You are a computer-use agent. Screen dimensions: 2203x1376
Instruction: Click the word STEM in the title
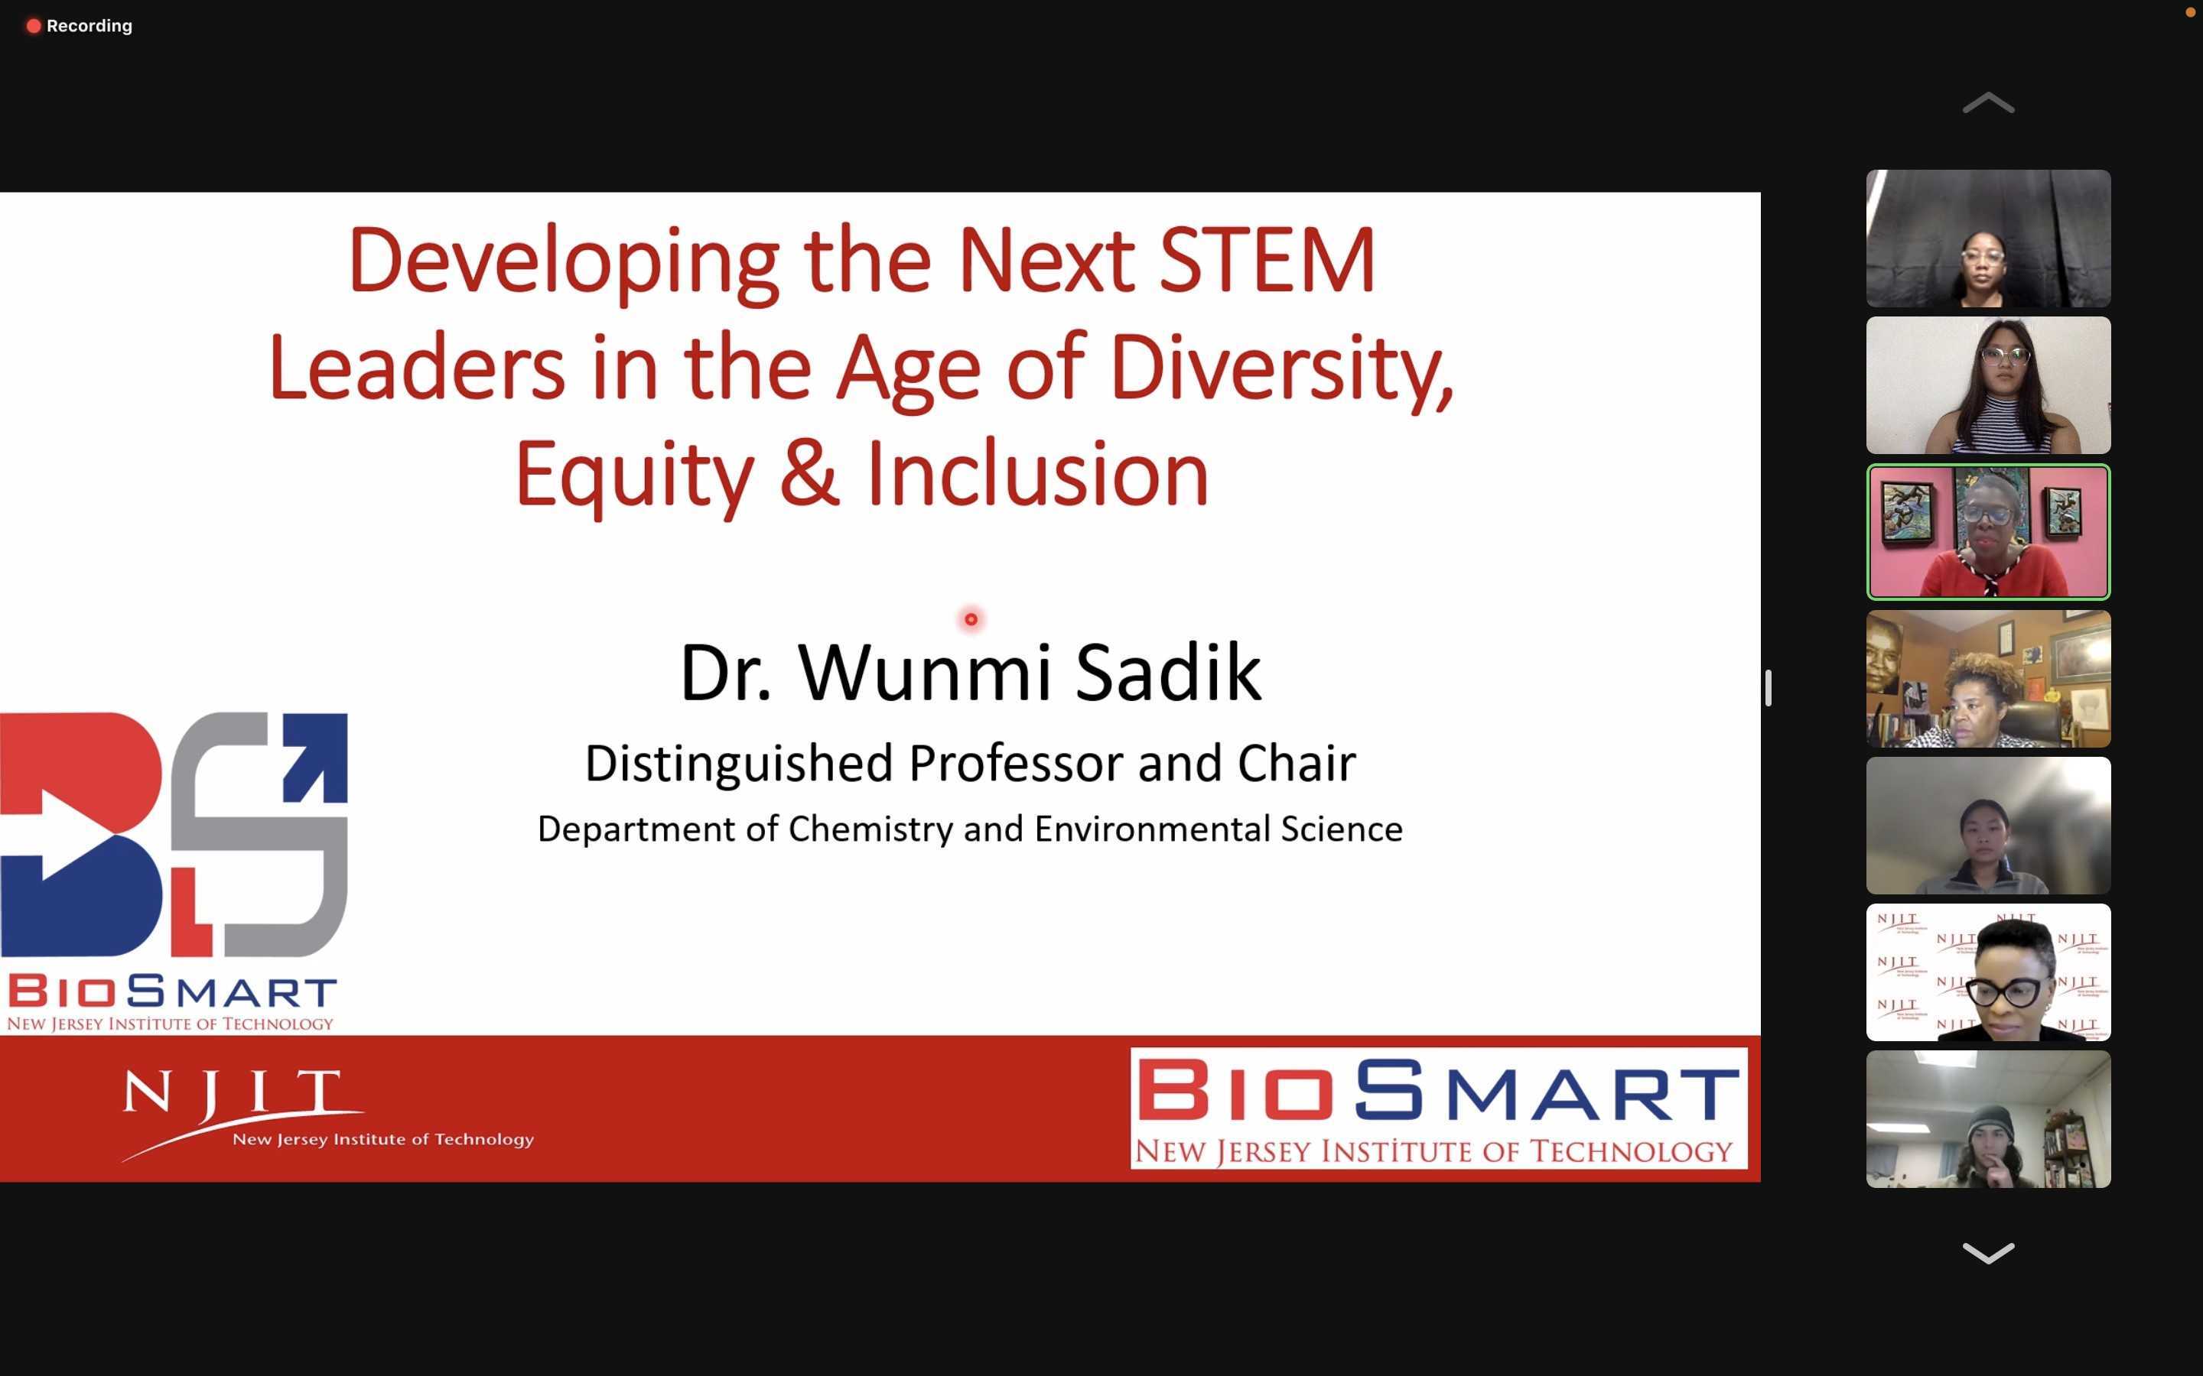(x=1267, y=261)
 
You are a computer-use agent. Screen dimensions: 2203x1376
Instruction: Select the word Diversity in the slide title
(x=1280, y=368)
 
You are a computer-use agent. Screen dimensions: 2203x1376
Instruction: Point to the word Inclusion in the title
(x=1038, y=473)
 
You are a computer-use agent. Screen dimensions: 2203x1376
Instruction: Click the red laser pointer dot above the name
(x=971, y=620)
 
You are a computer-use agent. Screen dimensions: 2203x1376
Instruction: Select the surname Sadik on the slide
(x=1169, y=673)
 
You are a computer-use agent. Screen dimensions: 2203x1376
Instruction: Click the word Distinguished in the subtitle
(x=738, y=764)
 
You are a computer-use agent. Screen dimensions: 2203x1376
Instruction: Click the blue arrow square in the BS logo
(x=315, y=757)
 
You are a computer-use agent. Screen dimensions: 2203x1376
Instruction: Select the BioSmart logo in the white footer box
(x=1438, y=1108)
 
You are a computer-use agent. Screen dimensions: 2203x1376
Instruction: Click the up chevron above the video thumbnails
(x=1988, y=103)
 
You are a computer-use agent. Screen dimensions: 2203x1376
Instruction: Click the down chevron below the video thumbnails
(x=1988, y=1253)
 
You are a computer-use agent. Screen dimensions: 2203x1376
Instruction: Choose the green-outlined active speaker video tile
(x=1988, y=532)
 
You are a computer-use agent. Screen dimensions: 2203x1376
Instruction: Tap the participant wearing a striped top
(x=1988, y=386)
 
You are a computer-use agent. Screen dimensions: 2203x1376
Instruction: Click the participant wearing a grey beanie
(x=1988, y=1119)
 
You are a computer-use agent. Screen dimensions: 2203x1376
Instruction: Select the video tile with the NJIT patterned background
(x=1988, y=972)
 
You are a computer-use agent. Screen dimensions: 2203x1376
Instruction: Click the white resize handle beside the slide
(x=1768, y=688)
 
